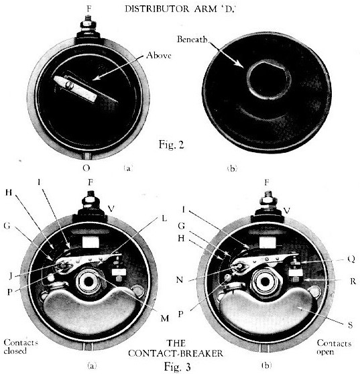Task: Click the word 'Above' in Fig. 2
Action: pos(159,56)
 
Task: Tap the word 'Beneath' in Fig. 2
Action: pos(192,39)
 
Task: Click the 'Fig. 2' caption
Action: pos(172,145)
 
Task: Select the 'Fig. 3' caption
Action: pos(178,367)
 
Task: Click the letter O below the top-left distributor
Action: pos(86,168)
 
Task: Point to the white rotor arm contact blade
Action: pos(76,88)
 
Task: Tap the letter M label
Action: pos(165,318)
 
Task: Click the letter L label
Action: pos(164,219)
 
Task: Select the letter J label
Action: pos(10,275)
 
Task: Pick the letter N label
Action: pos(180,279)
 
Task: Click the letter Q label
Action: pos(351,259)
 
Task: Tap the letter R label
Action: pos(353,282)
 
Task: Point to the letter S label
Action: pos(350,325)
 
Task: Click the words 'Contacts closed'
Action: pos(21,347)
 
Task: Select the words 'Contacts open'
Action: pos(334,347)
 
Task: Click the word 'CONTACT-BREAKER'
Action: pos(176,353)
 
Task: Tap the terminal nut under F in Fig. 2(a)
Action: pos(88,24)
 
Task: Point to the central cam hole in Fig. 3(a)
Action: pos(88,282)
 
